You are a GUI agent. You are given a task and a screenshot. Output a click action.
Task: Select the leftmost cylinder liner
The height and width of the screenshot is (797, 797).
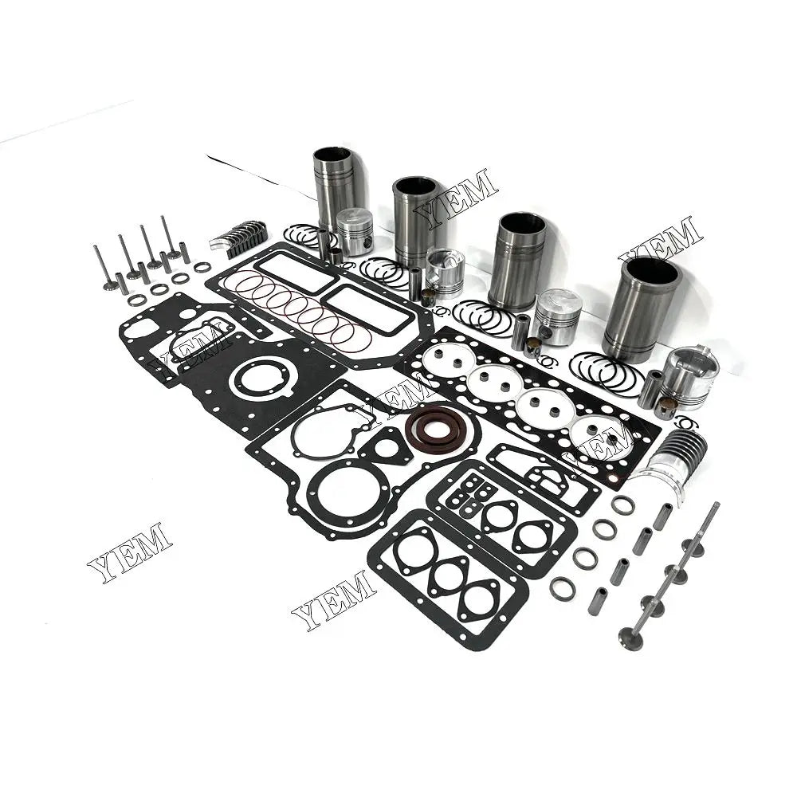[333, 189]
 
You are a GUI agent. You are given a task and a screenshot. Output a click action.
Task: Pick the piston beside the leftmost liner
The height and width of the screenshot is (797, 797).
[355, 232]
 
